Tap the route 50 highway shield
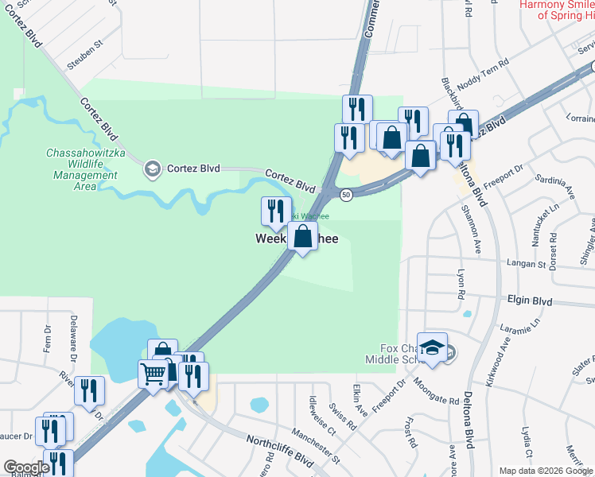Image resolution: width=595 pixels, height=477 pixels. pos(346,195)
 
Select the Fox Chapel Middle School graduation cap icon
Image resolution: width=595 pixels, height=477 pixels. pos(432,348)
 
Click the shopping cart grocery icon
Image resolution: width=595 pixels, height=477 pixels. pos(153,372)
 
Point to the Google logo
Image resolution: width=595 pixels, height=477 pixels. pos(26,467)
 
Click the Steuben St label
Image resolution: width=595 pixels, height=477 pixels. pos(86,57)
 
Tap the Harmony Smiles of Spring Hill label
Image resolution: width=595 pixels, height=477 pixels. pos(556,10)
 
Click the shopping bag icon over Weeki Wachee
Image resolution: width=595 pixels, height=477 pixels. pos(302,236)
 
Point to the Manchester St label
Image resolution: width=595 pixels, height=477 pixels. pos(315,445)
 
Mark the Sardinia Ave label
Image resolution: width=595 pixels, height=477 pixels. pos(554,186)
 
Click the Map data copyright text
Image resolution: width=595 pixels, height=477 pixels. pos(546,471)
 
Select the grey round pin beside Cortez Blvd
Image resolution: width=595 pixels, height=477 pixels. pos(151,168)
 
